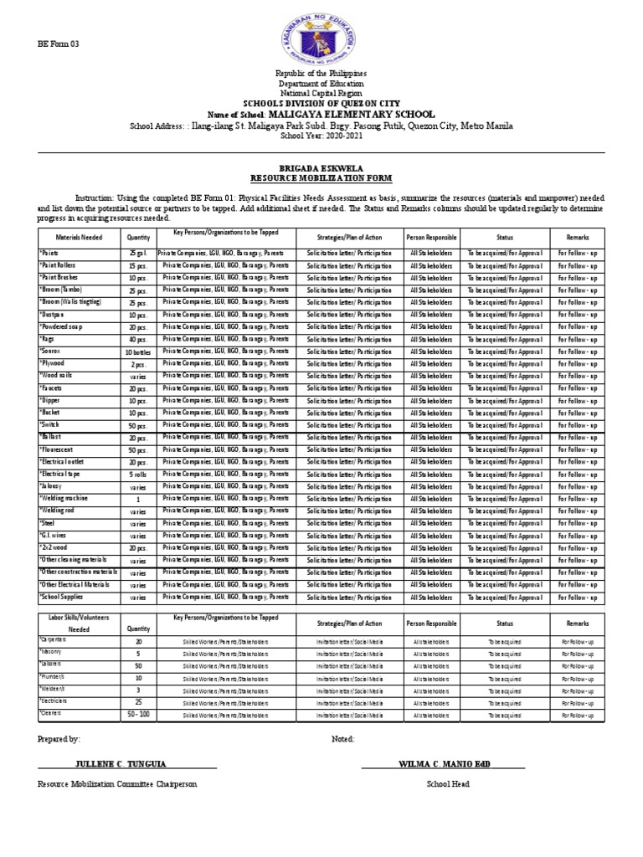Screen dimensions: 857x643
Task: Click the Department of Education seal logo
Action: (x=321, y=34)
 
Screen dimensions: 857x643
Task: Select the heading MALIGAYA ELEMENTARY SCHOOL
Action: (x=351, y=113)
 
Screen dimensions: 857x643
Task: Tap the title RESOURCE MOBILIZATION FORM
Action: (x=321, y=178)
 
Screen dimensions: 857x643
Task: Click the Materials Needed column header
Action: (x=79, y=238)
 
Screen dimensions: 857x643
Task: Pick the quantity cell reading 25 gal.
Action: (x=137, y=253)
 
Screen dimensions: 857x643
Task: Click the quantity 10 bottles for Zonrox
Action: (x=137, y=352)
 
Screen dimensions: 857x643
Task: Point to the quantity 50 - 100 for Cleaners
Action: (x=137, y=716)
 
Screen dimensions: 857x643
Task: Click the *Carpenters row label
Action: (x=55, y=639)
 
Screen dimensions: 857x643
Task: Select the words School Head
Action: (x=448, y=784)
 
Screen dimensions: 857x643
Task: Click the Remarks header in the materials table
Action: (x=577, y=238)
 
